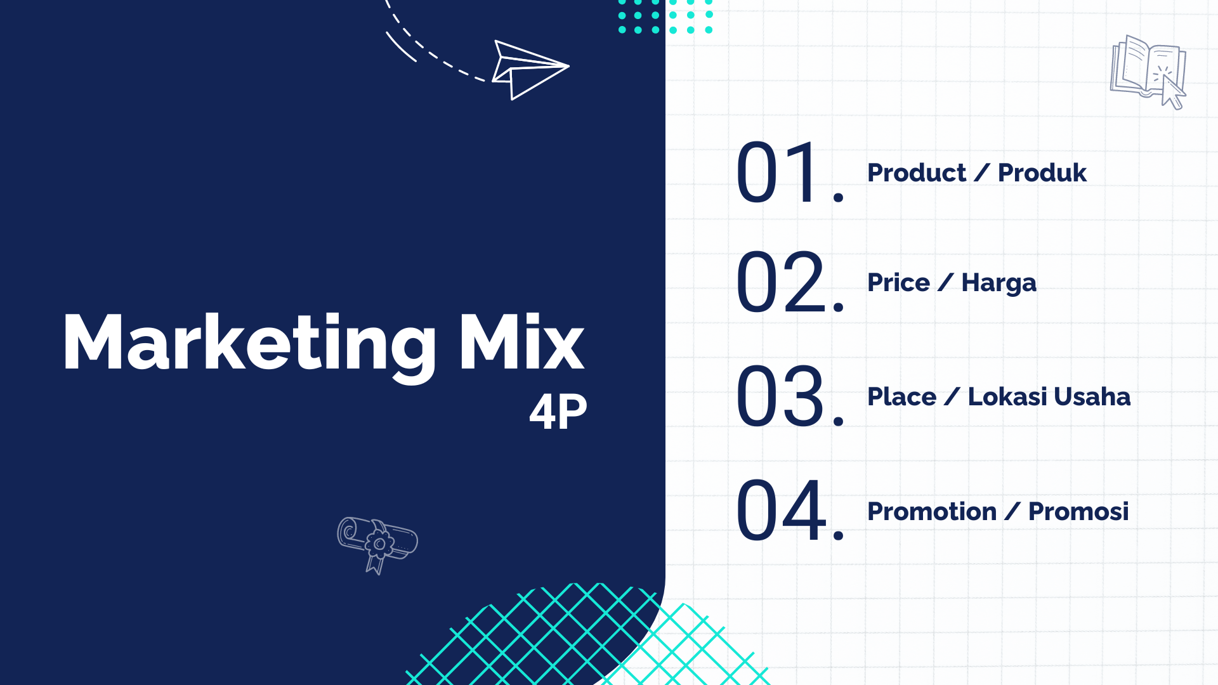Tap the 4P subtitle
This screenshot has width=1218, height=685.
click(x=558, y=412)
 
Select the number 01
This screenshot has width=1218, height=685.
click(x=789, y=172)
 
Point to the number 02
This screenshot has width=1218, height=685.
click(x=790, y=282)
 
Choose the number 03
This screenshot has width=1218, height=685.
click(x=790, y=396)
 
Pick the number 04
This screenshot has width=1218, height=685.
click(x=790, y=510)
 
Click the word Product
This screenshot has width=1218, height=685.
click(x=917, y=173)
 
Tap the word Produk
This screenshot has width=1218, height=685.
click(x=1042, y=173)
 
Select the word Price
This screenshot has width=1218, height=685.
click(x=898, y=282)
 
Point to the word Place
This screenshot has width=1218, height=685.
click(x=901, y=396)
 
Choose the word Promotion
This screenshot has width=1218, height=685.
click(x=932, y=511)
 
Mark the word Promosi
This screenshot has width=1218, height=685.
click(x=1078, y=511)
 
